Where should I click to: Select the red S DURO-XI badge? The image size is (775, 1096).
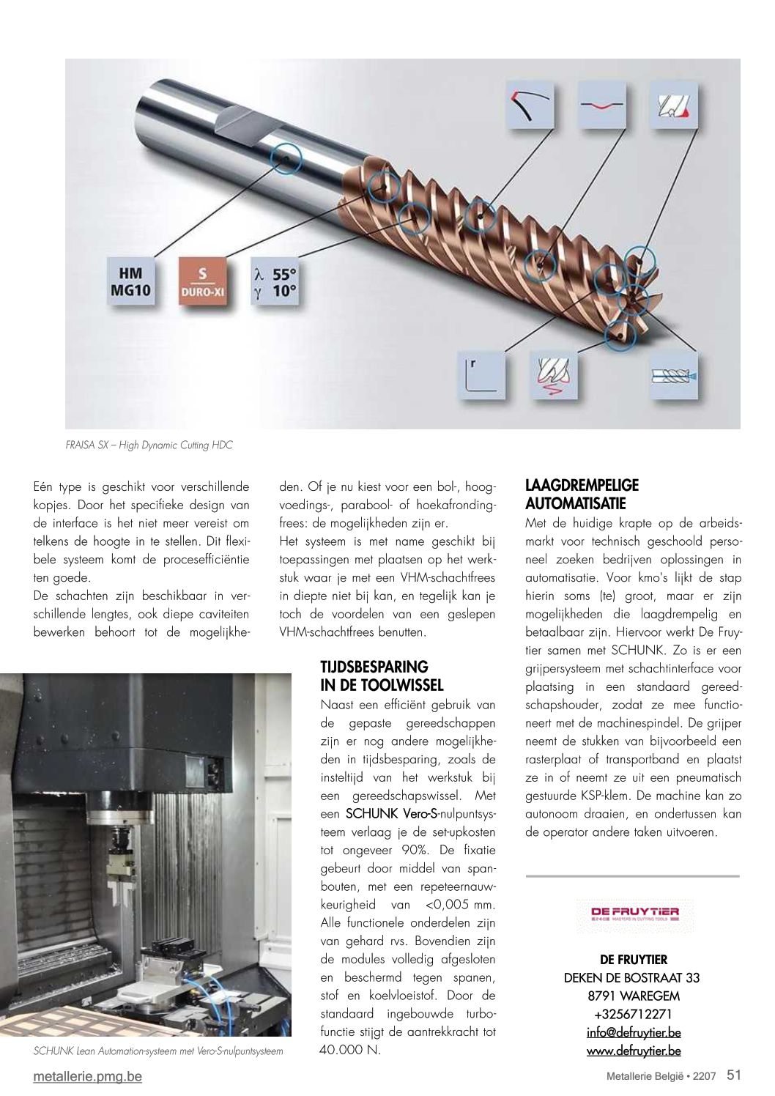[203, 281]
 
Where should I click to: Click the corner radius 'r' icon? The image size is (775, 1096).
[481, 375]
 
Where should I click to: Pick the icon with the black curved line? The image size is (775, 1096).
[530, 105]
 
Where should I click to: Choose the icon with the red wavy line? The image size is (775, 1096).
[602, 105]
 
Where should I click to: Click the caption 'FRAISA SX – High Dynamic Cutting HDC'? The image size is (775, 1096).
[149, 445]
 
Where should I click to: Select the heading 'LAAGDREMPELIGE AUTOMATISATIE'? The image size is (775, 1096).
[582, 495]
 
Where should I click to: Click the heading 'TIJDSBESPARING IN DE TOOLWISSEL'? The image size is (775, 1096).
[382, 676]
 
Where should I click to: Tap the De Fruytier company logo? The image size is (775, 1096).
[634, 914]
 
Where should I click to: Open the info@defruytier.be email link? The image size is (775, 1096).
[634, 1032]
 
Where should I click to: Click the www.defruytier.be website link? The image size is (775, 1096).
[634, 1051]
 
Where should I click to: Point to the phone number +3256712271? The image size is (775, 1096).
[633, 1014]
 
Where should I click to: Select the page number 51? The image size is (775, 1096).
[734, 1075]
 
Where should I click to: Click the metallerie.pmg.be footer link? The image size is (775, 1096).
[87, 1076]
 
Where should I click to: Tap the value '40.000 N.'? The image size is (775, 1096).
[350, 1050]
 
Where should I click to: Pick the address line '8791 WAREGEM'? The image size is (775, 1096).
[633, 996]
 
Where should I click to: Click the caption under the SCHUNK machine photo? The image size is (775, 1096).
[157, 1051]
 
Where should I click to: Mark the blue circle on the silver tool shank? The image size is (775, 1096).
[285, 158]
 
